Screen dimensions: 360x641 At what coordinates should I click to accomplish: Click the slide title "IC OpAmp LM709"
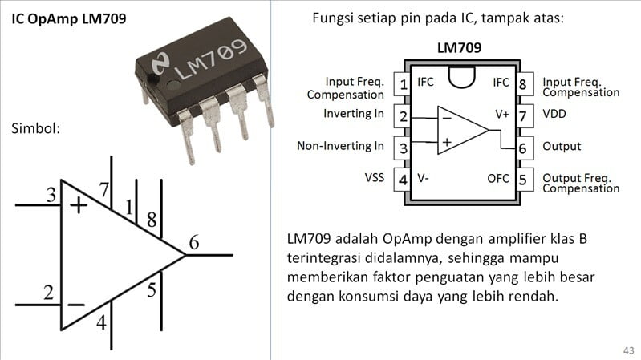(x=68, y=18)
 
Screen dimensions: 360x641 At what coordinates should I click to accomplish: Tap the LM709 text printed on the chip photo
(x=209, y=62)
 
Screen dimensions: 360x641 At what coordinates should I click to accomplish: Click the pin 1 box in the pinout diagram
(x=403, y=83)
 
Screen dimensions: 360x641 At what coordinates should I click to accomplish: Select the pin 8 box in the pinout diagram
(x=522, y=83)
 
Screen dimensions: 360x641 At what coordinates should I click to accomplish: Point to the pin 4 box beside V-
(x=403, y=179)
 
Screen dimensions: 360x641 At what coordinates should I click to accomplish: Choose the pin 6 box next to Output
(x=522, y=148)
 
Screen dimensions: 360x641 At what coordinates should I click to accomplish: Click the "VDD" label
(x=554, y=114)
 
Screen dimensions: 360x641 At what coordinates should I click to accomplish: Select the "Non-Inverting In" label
(x=340, y=146)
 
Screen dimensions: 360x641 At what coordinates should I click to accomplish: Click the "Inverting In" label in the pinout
(x=354, y=114)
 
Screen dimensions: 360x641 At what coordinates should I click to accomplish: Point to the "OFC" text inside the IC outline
(x=498, y=178)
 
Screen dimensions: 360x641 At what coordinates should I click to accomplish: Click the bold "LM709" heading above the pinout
(x=459, y=48)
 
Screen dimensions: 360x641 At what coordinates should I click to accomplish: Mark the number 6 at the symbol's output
(x=194, y=242)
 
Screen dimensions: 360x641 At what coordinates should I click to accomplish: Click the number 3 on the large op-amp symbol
(x=51, y=195)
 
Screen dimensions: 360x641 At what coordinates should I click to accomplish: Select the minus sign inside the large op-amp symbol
(x=76, y=304)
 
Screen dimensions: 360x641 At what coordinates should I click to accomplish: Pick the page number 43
(x=627, y=350)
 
